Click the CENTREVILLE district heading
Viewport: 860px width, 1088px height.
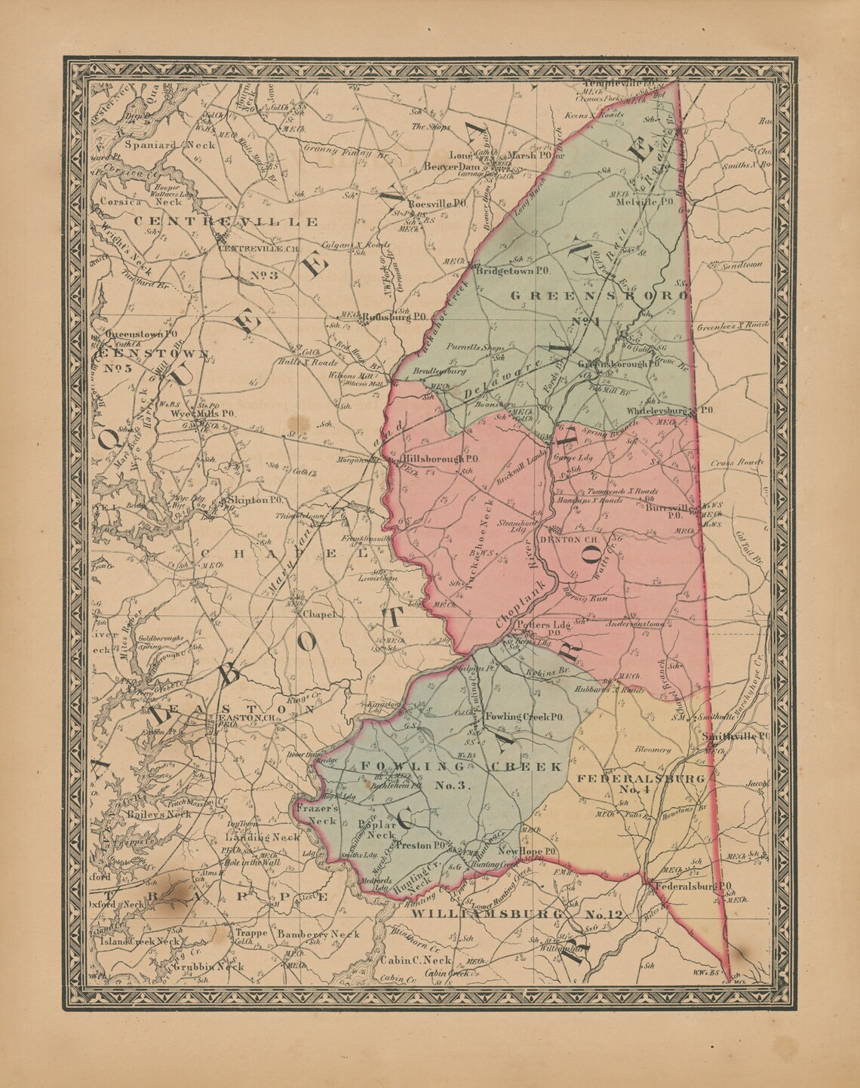tap(226, 222)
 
